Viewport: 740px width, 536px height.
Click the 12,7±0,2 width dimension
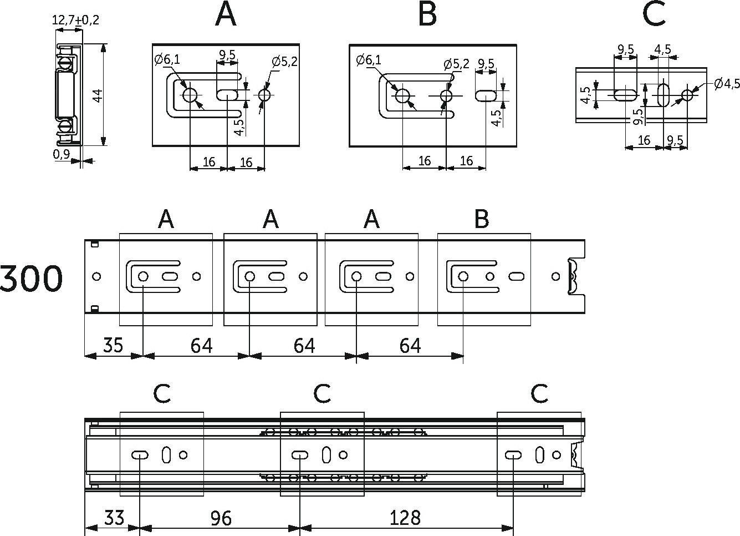coord(75,20)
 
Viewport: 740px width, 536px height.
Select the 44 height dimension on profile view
coord(98,95)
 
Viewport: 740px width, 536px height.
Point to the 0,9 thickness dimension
coord(61,154)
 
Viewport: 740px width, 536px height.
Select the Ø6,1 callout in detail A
coord(167,59)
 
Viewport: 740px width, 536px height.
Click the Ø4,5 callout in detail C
coord(727,84)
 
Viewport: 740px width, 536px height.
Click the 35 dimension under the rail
coord(113,345)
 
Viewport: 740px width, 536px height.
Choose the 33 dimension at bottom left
coord(114,518)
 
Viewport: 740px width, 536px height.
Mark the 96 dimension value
coord(221,518)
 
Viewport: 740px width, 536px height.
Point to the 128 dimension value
coord(405,518)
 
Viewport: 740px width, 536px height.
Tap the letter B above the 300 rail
coord(481,219)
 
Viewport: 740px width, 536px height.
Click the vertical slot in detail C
coord(663,95)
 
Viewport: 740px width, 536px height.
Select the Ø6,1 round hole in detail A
coord(190,95)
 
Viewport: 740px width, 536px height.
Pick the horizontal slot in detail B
coord(486,95)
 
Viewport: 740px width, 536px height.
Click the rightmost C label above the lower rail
coord(539,393)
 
